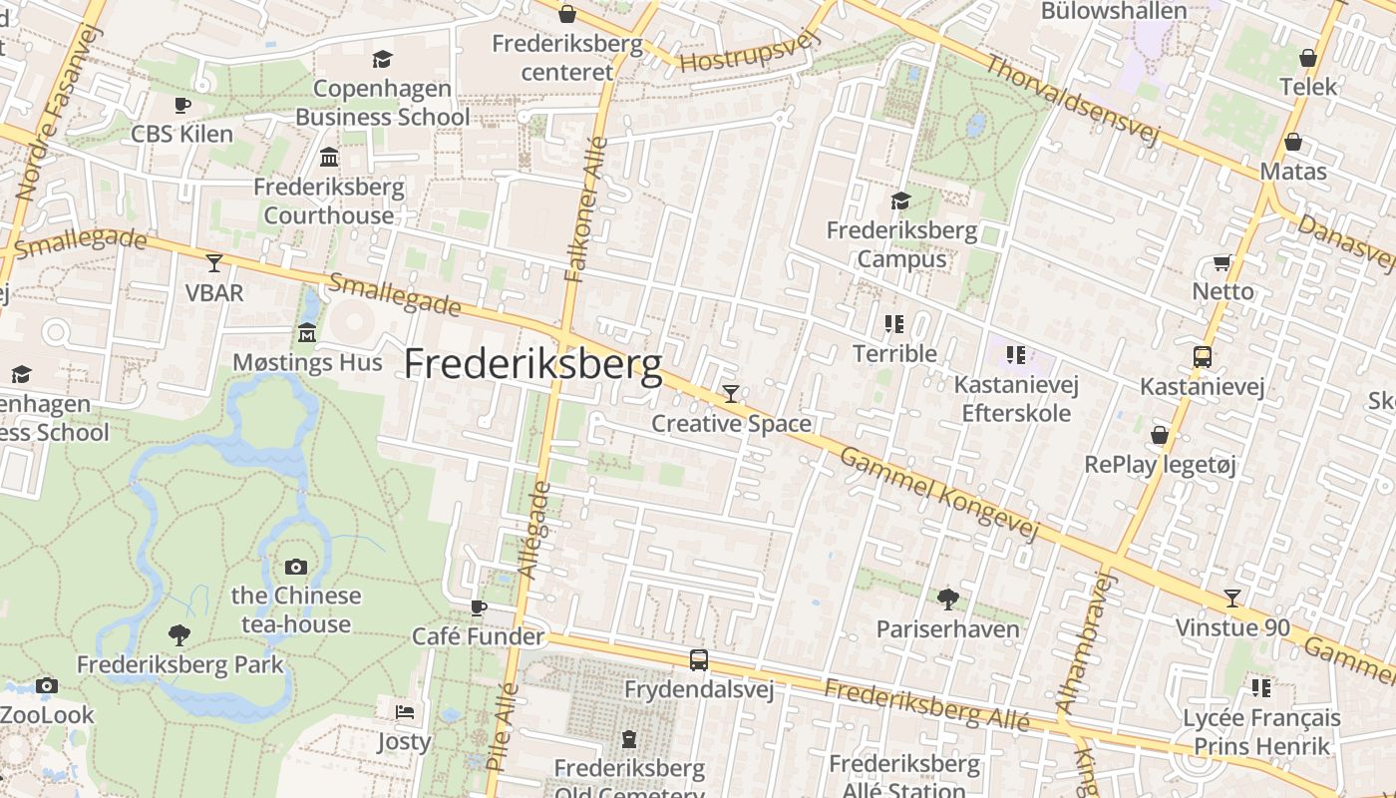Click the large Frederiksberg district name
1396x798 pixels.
pos(532,365)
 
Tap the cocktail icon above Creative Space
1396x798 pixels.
pos(731,394)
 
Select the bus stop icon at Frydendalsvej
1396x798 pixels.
pos(699,659)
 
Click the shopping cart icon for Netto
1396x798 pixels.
pos(1222,262)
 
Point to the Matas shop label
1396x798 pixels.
pos(1293,172)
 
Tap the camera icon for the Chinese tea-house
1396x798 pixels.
pos(296,567)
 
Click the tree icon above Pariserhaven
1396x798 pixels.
pos(947,598)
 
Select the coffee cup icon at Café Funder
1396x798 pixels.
pos(480,606)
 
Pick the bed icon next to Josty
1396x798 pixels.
pos(404,711)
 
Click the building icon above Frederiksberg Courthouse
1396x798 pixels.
pos(329,157)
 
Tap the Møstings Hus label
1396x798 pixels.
pos(307,362)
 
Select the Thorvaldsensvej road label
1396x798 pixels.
pos(1072,101)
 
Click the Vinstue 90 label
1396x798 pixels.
pos(1232,628)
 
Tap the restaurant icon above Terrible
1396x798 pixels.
pos(894,323)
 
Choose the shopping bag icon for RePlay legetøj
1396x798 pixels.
pos(1160,435)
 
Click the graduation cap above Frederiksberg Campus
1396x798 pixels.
pos(901,201)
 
